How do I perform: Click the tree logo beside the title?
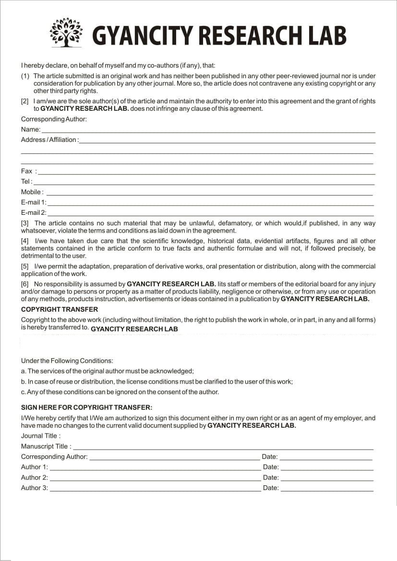[x=66, y=33]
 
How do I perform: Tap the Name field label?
[x=30, y=129]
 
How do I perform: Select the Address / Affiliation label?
[x=49, y=140]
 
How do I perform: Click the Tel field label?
[x=26, y=182]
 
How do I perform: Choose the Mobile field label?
[x=32, y=192]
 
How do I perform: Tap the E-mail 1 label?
[x=34, y=202]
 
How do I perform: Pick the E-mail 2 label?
[x=34, y=213]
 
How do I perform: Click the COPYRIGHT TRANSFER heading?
[x=60, y=310]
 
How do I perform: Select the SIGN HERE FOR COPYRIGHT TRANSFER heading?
[x=86, y=408]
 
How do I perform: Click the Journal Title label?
[x=41, y=436]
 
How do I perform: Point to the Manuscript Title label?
[x=46, y=446]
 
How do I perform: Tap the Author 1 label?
[x=35, y=467]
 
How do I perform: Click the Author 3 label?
[x=35, y=488]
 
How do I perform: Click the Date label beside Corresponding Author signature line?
[x=269, y=457]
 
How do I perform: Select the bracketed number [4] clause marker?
[x=25, y=241]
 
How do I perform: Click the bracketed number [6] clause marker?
[x=25, y=284]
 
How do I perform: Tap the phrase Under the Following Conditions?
[x=67, y=361]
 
